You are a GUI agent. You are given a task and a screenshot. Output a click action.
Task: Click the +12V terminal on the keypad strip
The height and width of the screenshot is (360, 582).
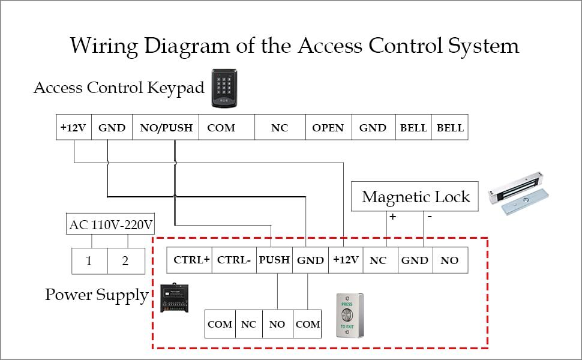pos(73,128)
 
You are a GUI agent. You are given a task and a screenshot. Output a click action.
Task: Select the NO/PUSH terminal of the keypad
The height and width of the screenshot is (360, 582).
pos(166,128)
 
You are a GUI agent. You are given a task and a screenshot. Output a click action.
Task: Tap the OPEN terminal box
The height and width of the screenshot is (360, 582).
pos(328,128)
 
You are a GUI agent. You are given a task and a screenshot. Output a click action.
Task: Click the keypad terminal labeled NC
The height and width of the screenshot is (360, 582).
pos(280,128)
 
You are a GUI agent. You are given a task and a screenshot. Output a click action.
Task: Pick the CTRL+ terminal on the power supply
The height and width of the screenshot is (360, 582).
pos(191,260)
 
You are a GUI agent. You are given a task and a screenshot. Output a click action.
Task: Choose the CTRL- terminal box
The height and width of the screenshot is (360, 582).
pos(234,260)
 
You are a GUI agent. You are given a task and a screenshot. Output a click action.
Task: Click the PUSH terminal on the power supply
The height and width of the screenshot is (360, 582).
pos(274,260)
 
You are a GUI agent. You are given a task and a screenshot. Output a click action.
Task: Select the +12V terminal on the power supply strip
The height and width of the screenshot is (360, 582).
pos(346,260)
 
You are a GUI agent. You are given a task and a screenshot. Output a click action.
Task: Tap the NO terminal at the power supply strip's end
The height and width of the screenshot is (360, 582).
pos(449,260)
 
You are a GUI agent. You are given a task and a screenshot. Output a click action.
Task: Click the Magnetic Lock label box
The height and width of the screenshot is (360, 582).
pos(415,197)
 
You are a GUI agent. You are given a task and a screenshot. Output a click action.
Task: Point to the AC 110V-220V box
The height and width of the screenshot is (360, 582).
pos(111,226)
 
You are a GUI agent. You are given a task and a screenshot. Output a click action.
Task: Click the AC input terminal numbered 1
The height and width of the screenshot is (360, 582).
pos(89,261)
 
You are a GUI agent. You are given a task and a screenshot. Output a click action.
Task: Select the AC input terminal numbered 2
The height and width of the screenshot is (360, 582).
pos(126,261)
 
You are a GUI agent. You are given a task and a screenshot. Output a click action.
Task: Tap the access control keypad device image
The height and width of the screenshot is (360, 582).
pos(224,89)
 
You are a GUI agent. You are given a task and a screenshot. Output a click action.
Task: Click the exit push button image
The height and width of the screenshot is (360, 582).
pos(350,316)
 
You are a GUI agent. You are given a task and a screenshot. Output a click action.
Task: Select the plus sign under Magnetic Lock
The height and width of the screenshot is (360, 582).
pos(392,217)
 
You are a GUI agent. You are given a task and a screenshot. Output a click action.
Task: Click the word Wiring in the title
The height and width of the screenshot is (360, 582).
pos(106,46)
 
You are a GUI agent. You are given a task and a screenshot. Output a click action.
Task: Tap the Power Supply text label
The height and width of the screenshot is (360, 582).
pos(97,295)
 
